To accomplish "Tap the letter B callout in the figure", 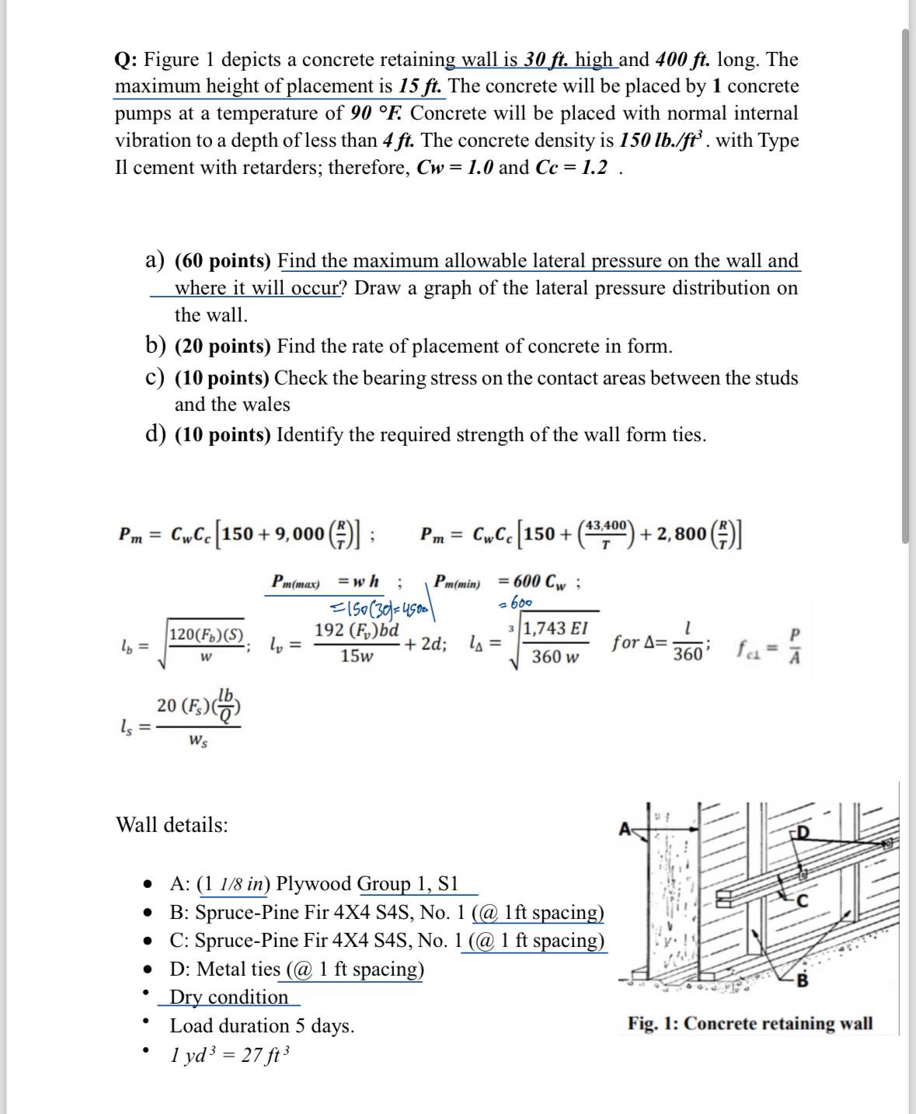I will click(x=803, y=980).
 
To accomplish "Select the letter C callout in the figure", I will click(x=803, y=900).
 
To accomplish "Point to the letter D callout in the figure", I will click(x=803, y=834).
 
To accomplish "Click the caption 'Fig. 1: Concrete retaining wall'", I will click(x=750, y=1023).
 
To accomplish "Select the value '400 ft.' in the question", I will click(x=683, y=60).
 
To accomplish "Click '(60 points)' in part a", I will click(x=223, y=261).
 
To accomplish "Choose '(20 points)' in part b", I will click(x=223, y=346).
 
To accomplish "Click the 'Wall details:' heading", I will click(x=172, y=825).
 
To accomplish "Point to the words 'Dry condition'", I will click(x=228, y=997).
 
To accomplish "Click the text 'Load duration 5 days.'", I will click(x=262, y=1026).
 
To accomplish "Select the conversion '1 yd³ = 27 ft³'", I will click(x=230, y=1055).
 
